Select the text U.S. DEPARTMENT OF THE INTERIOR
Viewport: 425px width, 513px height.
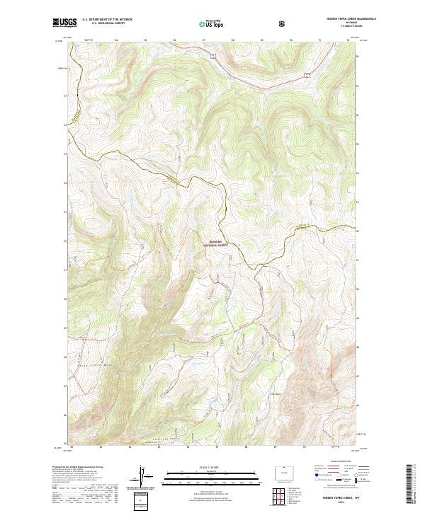click(108, 19)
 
